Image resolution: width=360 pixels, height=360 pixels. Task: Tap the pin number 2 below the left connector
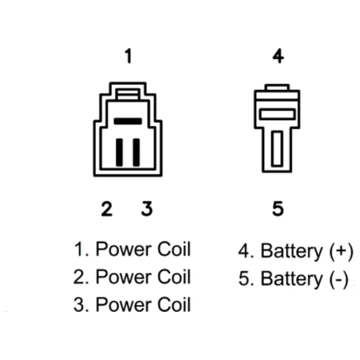pos(107,209)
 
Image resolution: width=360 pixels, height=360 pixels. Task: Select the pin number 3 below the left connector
pos(147,209)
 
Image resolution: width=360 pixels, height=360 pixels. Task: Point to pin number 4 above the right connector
pos(278,55)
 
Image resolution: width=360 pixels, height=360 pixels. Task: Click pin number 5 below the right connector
pos(278,209)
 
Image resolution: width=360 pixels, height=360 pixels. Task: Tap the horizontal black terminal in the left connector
pos(128,121)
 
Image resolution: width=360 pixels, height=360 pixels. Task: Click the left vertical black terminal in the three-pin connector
pos(119,152)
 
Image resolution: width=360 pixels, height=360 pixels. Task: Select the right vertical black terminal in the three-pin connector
pos(136,152)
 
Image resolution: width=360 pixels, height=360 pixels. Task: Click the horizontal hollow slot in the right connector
pos(278,114)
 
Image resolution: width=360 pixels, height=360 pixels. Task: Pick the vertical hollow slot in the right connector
pos(277,148)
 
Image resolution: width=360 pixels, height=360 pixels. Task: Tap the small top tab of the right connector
pos(277,87)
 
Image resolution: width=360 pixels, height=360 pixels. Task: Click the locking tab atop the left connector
pos(128,94)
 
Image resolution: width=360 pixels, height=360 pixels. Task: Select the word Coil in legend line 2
pos(174,276)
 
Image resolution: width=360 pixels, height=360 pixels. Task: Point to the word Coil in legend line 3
pos(174,304)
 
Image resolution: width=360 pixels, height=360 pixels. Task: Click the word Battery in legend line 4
pos(292,252)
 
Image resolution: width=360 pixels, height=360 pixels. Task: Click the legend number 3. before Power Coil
pos(81,304)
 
